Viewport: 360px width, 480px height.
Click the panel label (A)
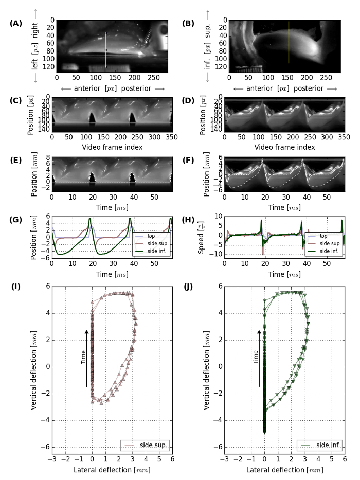16,24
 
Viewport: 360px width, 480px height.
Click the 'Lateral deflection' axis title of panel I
112,469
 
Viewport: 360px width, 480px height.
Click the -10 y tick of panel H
217,254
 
